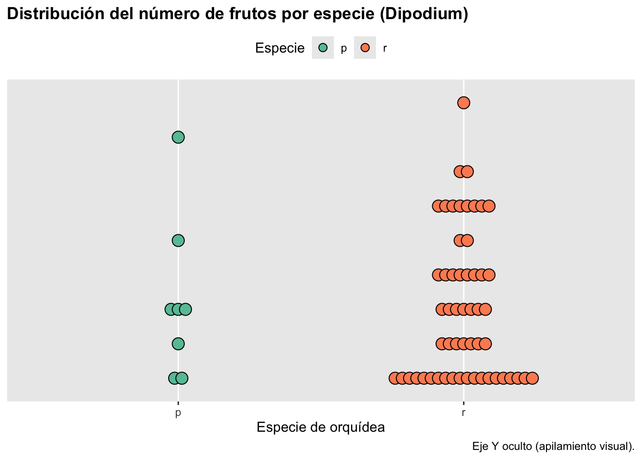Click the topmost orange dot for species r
[x=463, y=103]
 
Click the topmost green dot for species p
[x=178, y=137]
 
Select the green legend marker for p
[x=323, y=48]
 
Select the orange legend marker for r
[x=365, y=48]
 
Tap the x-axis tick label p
[x=178, y=413]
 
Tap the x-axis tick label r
[x=463, y=413]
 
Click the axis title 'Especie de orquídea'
[x=321, y=427]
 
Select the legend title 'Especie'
[x=279, y=48]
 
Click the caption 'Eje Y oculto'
[x=502, y=447]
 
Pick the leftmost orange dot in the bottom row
[x=395, y=378]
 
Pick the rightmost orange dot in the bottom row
[x=532, y=378]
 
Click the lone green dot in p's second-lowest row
[x=178, y=344]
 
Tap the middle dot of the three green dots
[x=178, y=309]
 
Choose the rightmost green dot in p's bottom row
[x=182, y=378]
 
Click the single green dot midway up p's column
[x=178, y=240]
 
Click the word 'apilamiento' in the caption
[x=567, y=447]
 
